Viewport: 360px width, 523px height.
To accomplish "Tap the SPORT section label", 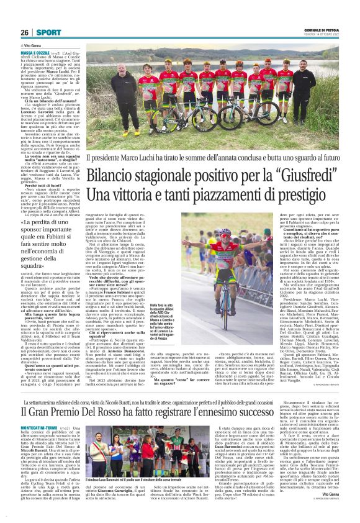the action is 45,32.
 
